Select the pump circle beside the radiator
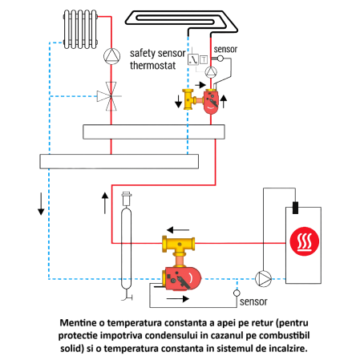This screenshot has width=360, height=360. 109,56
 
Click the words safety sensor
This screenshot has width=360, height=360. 157,53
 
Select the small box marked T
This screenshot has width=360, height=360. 203,59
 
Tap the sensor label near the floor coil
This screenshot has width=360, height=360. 225,48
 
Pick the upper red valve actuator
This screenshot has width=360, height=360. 212,102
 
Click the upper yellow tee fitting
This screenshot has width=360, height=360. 190,99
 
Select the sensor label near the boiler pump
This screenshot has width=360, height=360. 253,303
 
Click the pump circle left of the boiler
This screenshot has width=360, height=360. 263,279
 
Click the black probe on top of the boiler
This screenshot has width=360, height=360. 294,208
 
